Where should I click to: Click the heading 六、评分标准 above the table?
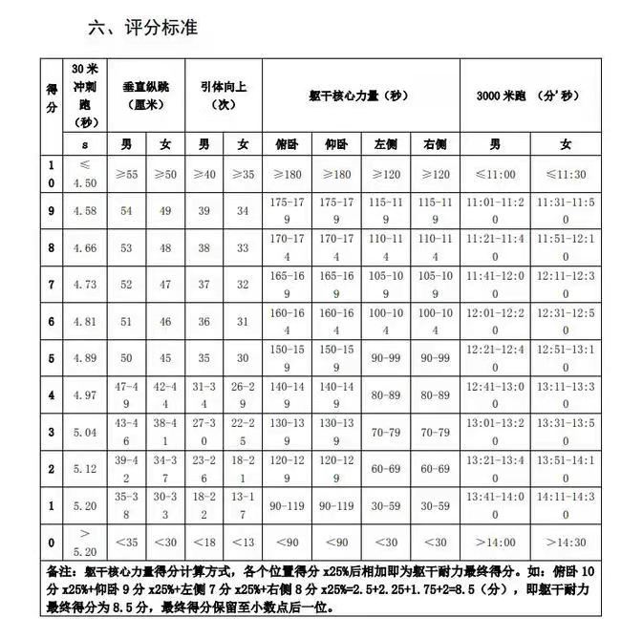(x=143, y=29)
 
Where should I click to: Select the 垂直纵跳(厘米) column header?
(x=145, y=96)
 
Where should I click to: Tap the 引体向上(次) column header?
(x=224, y=96)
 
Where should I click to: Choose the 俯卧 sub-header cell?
(x=286, y=145)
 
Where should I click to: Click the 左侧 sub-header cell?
(x=386, y=145)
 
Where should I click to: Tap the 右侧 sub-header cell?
(x=435, y=145)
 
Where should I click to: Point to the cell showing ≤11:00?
(x=495, y=175)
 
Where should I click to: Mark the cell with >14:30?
(x=567, y=542)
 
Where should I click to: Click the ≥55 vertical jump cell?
(x=126, y=175)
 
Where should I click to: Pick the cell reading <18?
(x=204, y=542)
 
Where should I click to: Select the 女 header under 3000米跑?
(x=567, y=145)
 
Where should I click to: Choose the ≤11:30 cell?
(x=567, y=175)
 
